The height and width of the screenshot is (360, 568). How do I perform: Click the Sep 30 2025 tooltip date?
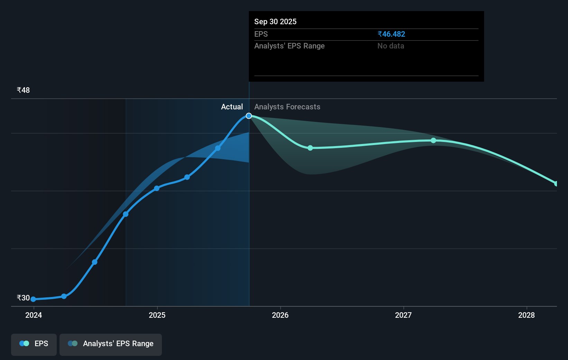tap(275, 21)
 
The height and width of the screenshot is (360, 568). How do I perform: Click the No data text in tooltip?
tap(391, 46)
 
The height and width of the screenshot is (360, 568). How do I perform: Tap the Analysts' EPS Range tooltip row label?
tap(289, 46)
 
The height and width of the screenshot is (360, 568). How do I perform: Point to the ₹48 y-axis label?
tap(23, 90)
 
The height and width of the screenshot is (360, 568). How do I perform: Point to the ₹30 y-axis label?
tap(23, 298)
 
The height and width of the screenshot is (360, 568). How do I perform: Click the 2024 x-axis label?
tap(34, 315)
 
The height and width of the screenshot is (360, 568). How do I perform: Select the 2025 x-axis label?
tap(157, 315)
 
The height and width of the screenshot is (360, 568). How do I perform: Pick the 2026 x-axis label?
tap(280, 315)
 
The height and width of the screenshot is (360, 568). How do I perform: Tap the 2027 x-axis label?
tap(403, 315)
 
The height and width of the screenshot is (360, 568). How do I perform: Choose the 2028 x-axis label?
tap(526, 315)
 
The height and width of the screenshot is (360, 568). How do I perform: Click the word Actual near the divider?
tap(232, 107)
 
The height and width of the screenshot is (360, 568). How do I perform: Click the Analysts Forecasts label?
tap(287, 107)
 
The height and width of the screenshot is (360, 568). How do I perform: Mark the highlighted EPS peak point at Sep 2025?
tap(249, 116)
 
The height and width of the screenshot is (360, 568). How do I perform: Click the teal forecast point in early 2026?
tap(310, 148)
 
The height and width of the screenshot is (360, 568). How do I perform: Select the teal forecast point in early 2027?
tap(433, 140)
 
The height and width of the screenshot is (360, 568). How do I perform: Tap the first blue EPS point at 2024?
tap(33, 299)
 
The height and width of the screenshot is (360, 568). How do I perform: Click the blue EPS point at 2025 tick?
tap(157, 188)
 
